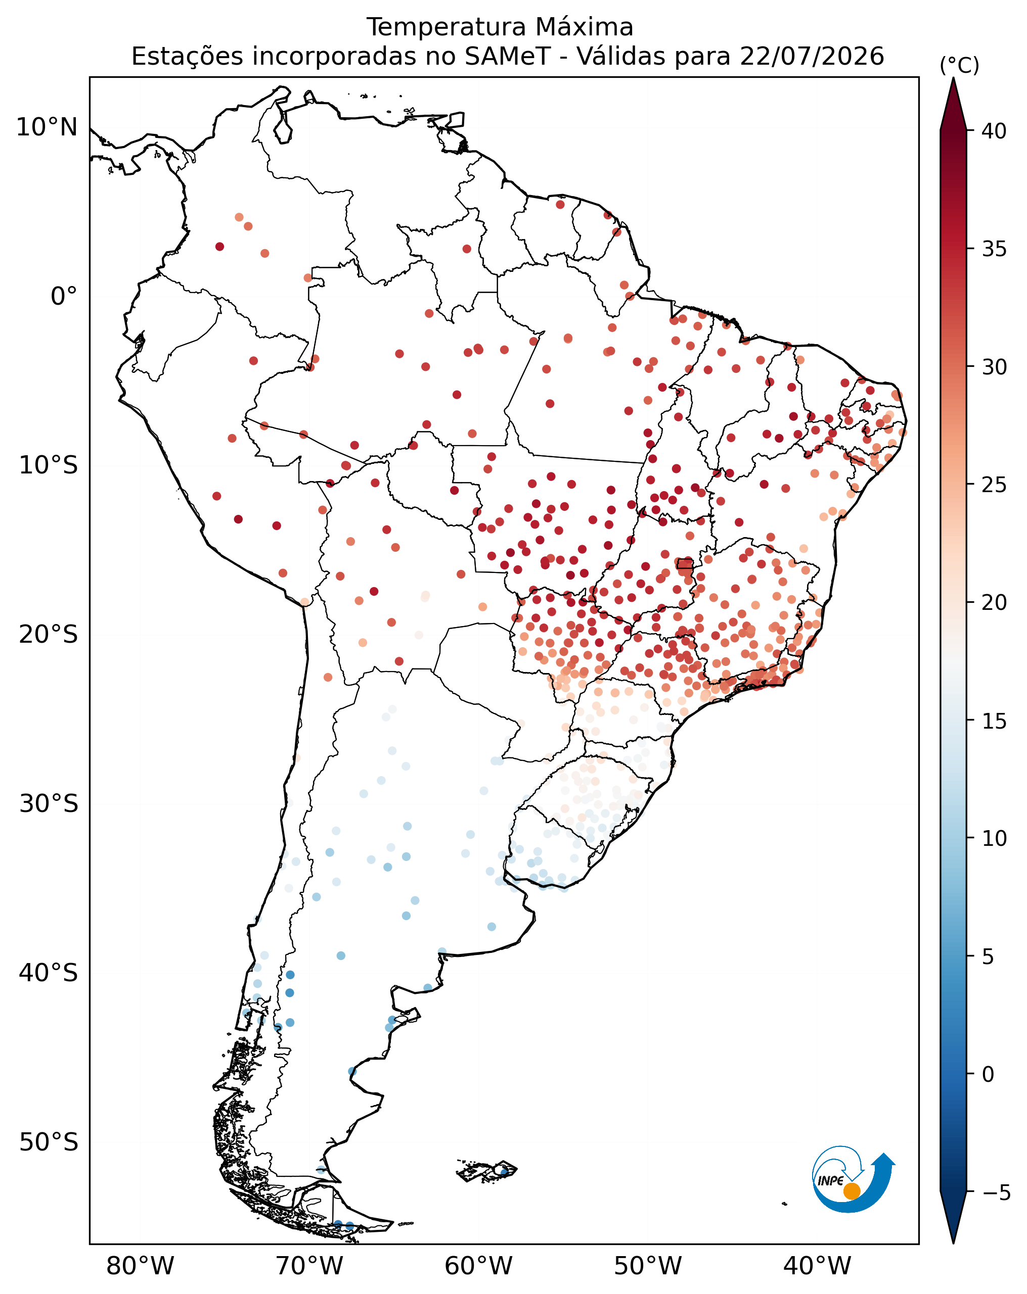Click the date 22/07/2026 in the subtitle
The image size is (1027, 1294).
(x=812, y=57)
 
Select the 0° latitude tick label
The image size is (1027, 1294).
(x=64, y=297)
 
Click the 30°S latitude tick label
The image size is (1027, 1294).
(x=49, y=804)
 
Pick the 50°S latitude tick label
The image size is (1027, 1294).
(x=49, y=1142)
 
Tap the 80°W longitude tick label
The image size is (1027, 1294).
(x=140, y=1266)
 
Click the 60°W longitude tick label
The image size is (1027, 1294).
(x=479, y=1266)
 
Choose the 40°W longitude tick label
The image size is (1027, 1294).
(x=817, y=1266)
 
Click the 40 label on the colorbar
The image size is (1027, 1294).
(x=994, y=131)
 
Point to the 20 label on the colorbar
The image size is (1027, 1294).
(x=994, y=603)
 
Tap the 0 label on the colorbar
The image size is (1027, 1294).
(x=988, y=1074)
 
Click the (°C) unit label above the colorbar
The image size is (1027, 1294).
(x=959, y=65)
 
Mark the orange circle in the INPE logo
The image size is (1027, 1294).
(x=852, y=1191)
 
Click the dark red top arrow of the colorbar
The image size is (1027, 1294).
(x=953, y=103)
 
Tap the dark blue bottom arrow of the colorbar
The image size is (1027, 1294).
(x=953, y=1218)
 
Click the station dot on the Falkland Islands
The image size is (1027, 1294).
(x=504, y=1172)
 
